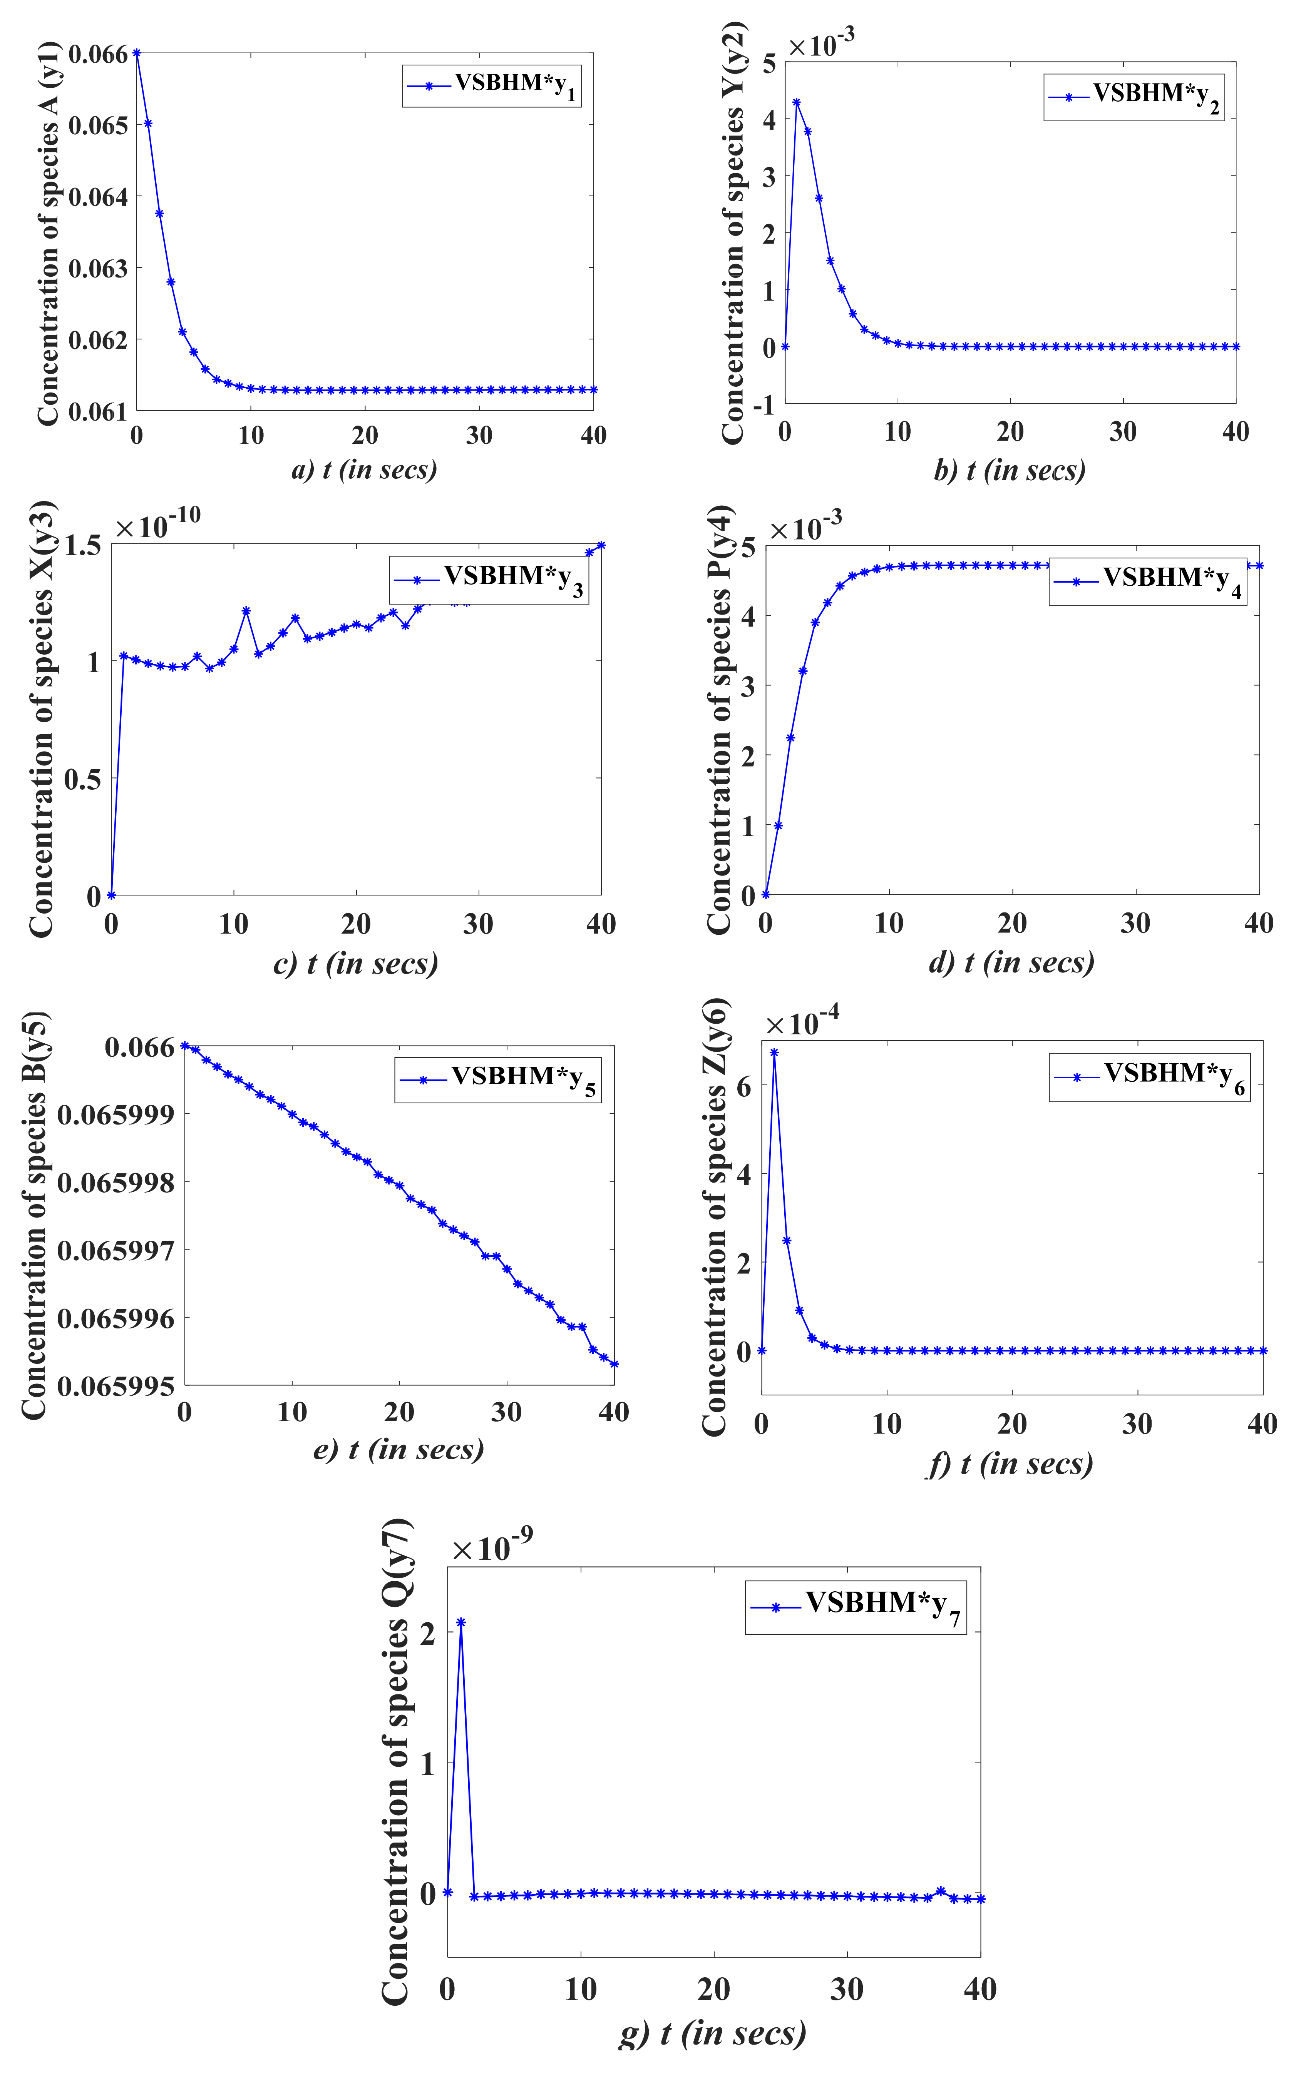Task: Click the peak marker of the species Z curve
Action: [x=774, y=1052]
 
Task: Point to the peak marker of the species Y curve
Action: [x=797, y=102]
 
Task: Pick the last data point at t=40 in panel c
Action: [x=601, y=545]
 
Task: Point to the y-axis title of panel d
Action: [x=719, y=718]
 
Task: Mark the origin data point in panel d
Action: [x=765, y=894]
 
